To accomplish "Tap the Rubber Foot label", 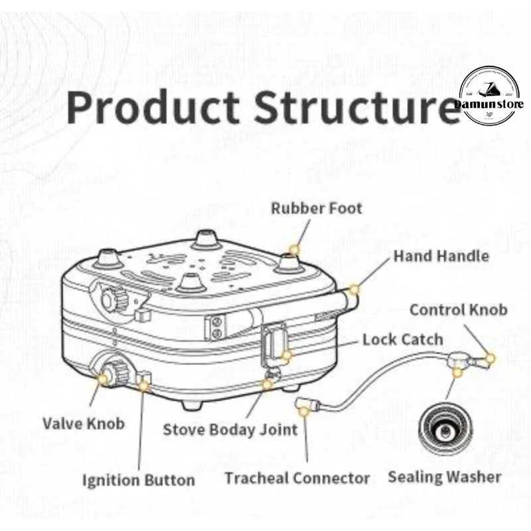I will coord(317,208).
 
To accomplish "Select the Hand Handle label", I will coord(441,256).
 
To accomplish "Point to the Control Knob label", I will coord(458,309).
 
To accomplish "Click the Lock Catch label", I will coord(402,339).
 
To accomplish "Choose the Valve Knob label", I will coord(84,423).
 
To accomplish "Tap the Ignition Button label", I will coord(139,479).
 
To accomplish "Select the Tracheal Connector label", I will coord(297,477).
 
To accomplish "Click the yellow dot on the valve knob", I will coord(104,378).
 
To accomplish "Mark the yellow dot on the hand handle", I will coord(354,290).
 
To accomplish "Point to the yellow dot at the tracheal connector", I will coord(304,412).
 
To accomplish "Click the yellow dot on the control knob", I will coord(491,358).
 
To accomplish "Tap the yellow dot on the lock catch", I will coord(286,355).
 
